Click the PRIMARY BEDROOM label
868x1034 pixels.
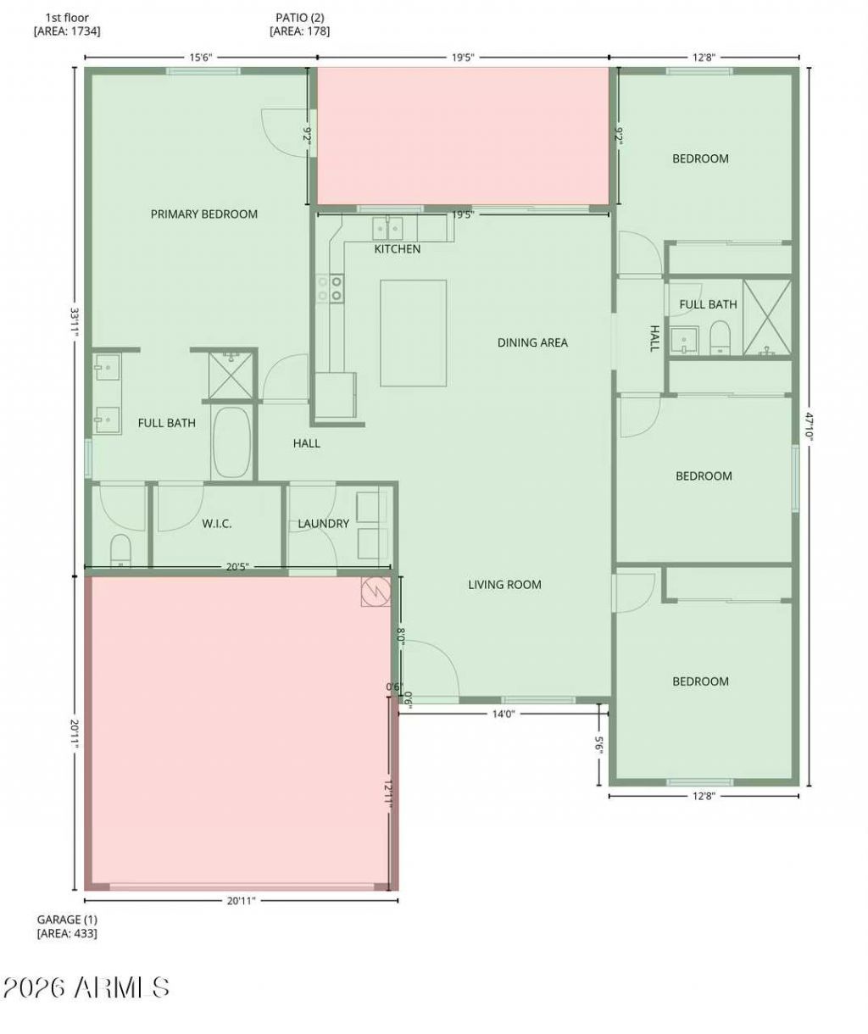coord(203,214)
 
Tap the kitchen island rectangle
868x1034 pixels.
coord(413,333)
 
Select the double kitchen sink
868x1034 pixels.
coord(387,228)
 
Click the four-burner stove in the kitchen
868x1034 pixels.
coord(330,289)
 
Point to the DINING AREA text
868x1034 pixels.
coord(532,342)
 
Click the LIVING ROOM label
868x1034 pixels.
coord(504,584)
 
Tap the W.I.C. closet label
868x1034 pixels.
coord(216,524)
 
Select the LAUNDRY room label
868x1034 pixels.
coord(323,524)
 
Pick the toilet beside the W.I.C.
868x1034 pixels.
coord(120,550)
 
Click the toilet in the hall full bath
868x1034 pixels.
coord(720,337)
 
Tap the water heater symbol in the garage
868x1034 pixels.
coord(375,592)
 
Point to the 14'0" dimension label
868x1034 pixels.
coord(504,714)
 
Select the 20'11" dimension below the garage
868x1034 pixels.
coord(242,901)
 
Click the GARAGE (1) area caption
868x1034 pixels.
coord(67,920)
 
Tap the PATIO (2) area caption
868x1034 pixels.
coord(300,18)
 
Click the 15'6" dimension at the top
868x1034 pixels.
coord(201,58)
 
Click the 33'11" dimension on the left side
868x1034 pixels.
coord(75,322)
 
